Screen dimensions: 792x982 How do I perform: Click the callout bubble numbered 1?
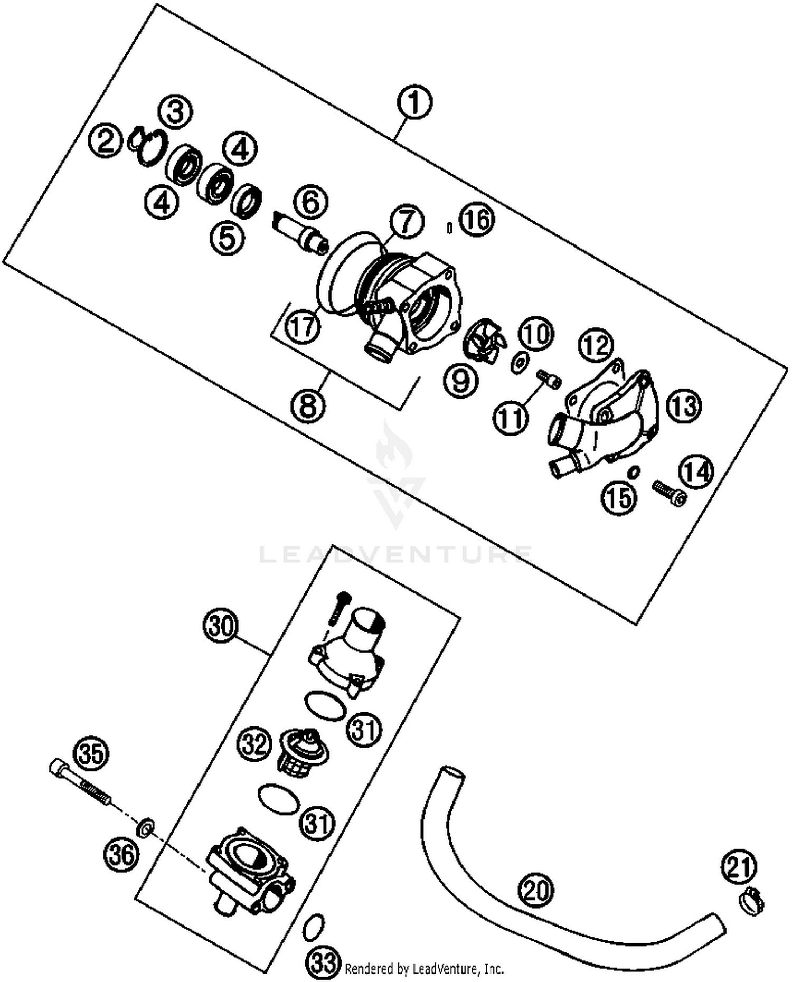click(x=415, y=102)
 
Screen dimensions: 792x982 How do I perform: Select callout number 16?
click(x=477, y=219)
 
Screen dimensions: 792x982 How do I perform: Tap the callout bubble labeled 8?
click(x=308, y=405)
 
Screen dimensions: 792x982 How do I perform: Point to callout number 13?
click(x=684, y=406)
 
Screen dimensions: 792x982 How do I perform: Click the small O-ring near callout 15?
click(x=634, y=471)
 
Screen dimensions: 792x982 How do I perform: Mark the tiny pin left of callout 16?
click(x=448, y=228)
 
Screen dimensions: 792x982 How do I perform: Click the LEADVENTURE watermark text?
click(x=395, y=554)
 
